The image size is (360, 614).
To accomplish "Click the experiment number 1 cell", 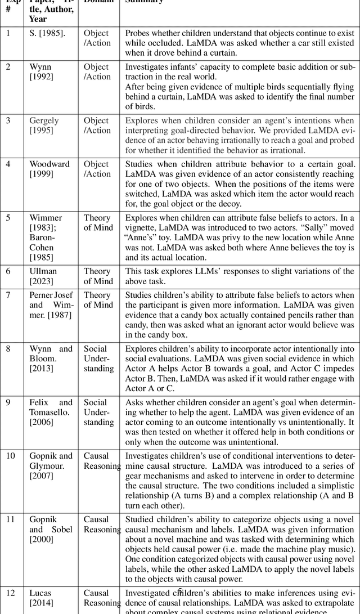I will (8, 33).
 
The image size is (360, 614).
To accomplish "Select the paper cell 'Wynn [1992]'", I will (41, 72).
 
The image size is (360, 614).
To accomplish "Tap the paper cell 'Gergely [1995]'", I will (44, 126).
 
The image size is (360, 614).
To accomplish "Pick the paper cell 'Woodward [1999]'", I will (49, 169).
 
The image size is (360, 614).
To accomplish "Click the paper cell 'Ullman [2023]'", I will (43, 276).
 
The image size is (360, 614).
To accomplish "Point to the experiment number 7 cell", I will (8, 295).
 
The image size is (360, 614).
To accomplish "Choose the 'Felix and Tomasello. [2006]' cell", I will (51, 412).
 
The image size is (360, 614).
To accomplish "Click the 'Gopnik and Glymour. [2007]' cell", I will (51, 465).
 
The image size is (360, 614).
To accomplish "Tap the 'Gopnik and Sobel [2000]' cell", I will (51, 529).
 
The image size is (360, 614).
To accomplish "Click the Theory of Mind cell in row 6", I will (98, 276).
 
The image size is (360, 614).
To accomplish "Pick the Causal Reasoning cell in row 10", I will (102, 461).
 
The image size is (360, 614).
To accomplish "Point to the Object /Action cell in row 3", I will (97, 126).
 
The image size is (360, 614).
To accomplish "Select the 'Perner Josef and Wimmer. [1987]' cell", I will (51, 304).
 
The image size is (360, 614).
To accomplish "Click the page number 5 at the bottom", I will (180, 591).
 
